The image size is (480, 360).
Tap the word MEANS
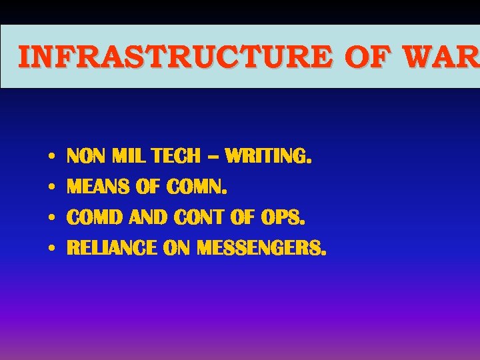coord(99,187)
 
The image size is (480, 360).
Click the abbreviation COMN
coord(197,187)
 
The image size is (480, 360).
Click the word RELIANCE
coord(112,249)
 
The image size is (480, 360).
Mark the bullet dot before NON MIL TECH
coord(51,157)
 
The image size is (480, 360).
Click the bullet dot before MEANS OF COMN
coord(51,188)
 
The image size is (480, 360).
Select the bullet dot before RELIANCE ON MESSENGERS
coord(51,249)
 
